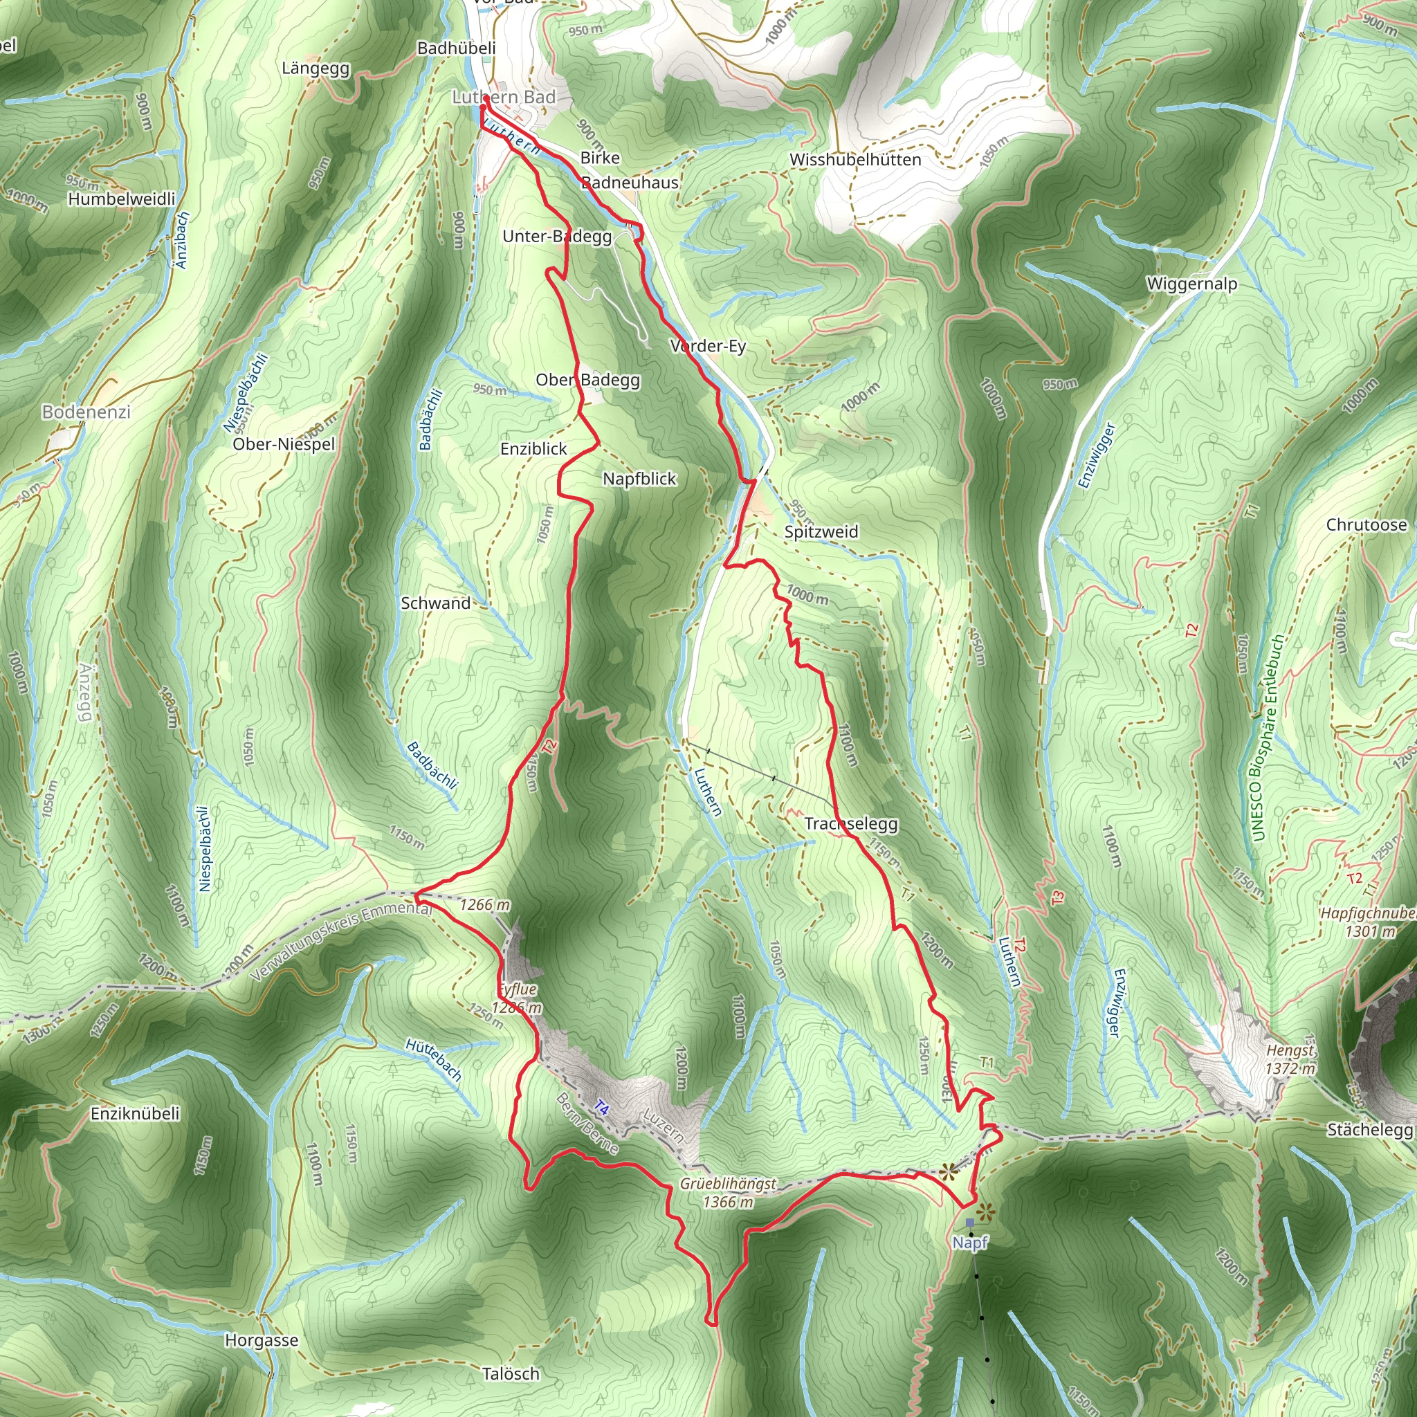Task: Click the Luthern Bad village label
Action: pos(504,97)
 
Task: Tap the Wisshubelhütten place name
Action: pos(855,159)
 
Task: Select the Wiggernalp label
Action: pos(1192,283)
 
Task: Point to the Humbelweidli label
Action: pos(122,199)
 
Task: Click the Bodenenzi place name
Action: pos(86,412)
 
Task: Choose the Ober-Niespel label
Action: pos(284,444)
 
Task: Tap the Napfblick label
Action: pos(639,478)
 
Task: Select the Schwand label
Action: pos(436,603)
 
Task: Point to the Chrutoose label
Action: pos(1366,524)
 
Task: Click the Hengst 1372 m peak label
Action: pos(1290,1059)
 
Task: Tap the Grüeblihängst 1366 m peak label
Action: pos(728,1193)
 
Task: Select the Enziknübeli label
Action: pos(135,1113)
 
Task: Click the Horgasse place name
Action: pos(261,1340)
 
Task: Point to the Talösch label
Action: pos(511,1373)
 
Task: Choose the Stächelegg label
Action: pos(1369,1129)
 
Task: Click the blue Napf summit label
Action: pos(970,1243)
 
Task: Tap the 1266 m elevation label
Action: pos(485,904)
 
